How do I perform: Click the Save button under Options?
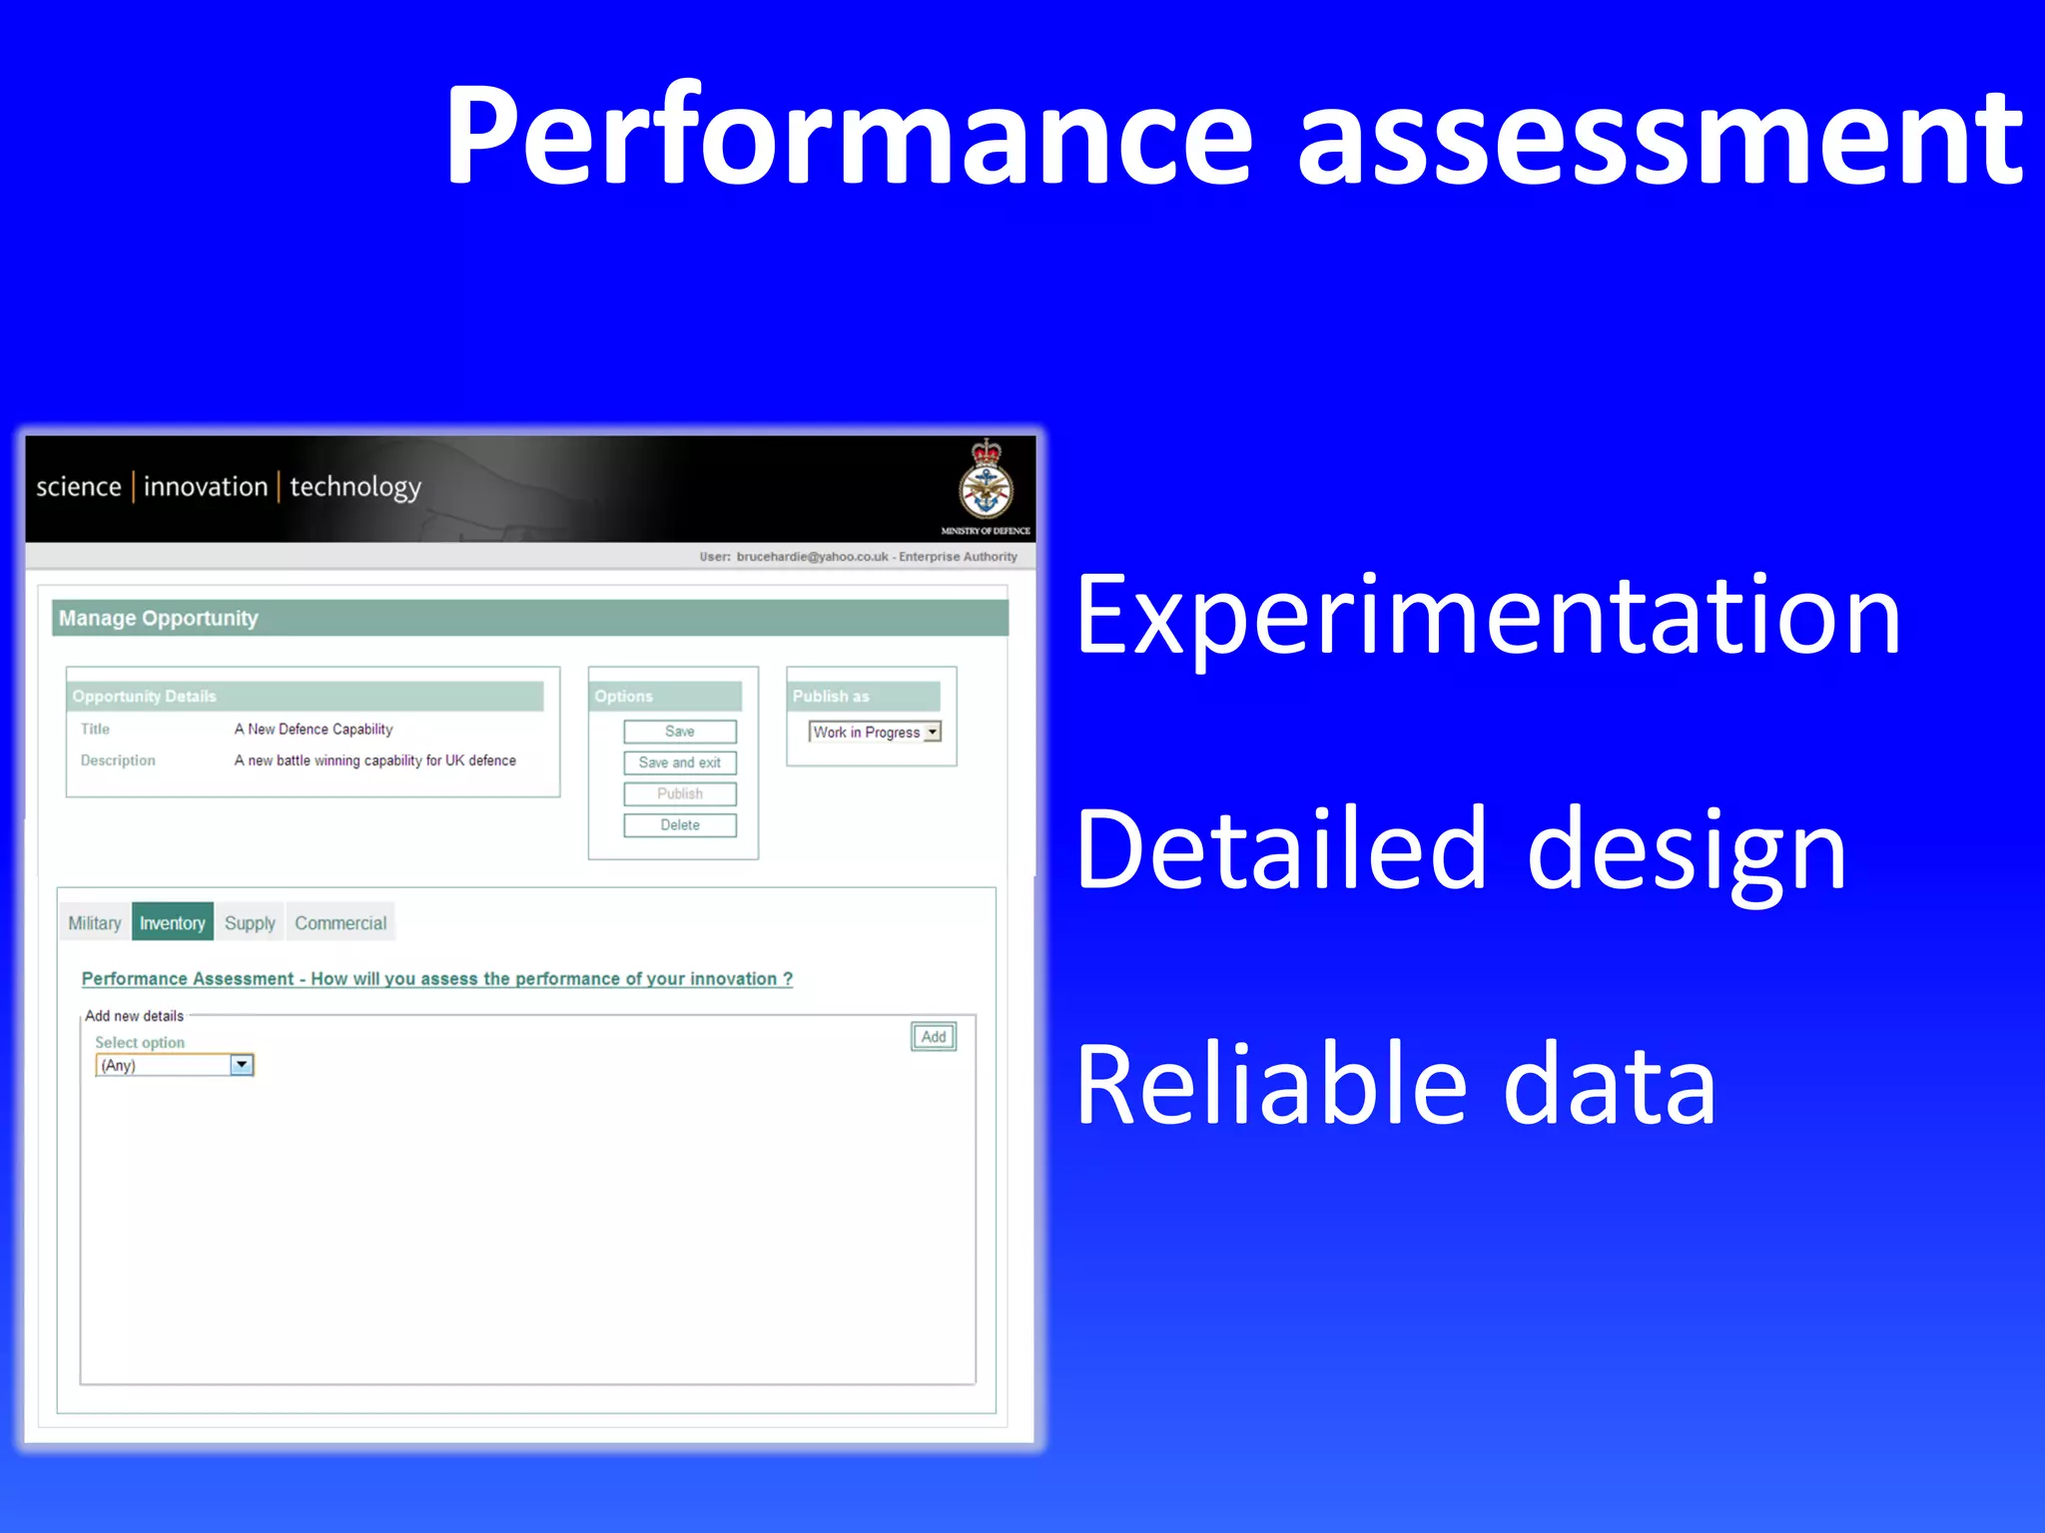pos(679,732)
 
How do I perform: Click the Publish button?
pos(679,793)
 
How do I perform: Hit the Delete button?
pos(679,825)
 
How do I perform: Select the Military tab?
pos(95,923)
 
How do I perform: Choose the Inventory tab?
pos(172,923)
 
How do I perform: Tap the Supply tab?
pos(250,923)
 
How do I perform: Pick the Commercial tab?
pos(341,923)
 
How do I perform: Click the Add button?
pos(934,1037)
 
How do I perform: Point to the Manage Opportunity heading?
pos(158,619)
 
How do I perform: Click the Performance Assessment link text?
pos(436,979)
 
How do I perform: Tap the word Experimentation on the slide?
pos(1488,616)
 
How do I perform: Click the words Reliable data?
pos(1395,1084)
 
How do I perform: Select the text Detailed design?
pos(1461,849)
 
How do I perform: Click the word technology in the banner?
pos(355,487)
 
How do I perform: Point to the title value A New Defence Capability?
pos(314,730)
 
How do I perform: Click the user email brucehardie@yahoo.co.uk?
pos(812,557)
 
